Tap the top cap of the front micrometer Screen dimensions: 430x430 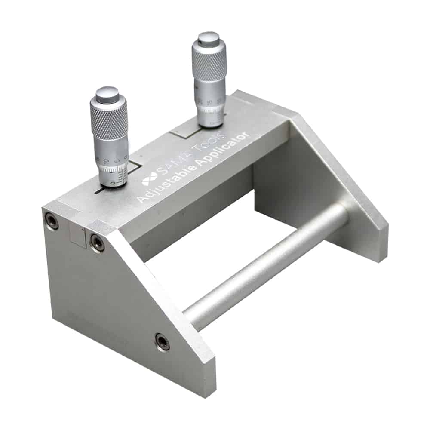coord(107,94)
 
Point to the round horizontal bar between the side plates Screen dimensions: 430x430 coord(267,267)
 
